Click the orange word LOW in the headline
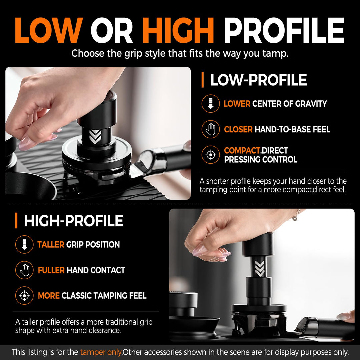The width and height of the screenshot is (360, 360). pos(49,30)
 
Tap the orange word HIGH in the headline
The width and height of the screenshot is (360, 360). pos(178,30)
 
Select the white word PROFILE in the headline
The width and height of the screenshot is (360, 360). pos(284,30)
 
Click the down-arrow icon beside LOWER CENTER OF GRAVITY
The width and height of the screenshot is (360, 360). pos(211,104)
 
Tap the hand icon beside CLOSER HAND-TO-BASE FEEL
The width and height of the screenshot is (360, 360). pos(211,129)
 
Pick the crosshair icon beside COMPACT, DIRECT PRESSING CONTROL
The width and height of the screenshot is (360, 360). pos(211,155)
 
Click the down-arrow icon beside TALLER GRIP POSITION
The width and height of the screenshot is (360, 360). pos(24,244)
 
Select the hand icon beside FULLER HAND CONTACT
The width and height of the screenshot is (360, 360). pos(24,270)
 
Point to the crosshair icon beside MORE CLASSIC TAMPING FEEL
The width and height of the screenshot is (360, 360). pos(24,295)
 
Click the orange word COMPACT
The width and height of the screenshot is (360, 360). pos(242,151)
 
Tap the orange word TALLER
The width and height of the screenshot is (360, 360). pos(51,245)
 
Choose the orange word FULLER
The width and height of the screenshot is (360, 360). pos(51,270)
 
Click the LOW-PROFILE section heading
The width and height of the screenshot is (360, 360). pos(259,80)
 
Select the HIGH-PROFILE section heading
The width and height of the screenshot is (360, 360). pos(74,221)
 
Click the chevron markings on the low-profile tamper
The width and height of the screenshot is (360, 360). pos(95,137)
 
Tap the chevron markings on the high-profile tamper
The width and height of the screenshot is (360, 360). pos(260,268)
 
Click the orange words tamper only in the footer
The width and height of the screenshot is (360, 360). pos(101,352)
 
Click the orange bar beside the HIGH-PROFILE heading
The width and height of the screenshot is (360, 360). pos(16,220)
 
